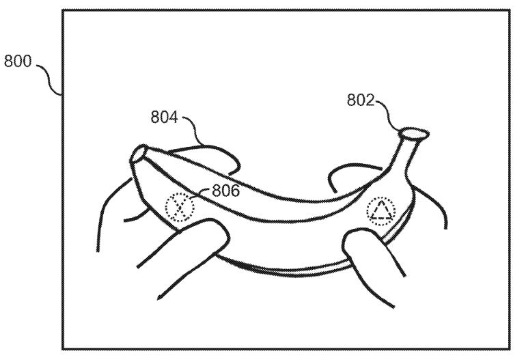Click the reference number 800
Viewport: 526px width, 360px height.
point(18,61)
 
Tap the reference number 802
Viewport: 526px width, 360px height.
point(360,100)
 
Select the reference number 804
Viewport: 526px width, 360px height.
point(164,117)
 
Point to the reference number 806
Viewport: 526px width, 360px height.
point(226,191)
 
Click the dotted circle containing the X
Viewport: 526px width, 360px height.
point(180,208)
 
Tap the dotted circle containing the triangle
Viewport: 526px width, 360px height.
point(380,211)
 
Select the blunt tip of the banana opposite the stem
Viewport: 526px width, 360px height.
point(138,154)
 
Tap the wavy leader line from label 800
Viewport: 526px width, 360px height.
point(49,79)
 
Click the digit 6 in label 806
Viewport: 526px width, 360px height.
point(235,191)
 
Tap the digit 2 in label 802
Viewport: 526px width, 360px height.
point(370,100)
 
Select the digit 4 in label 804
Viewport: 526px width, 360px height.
point(173,117)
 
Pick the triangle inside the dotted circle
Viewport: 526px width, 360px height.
point(381,210)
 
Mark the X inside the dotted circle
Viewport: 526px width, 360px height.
point(180,207)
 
